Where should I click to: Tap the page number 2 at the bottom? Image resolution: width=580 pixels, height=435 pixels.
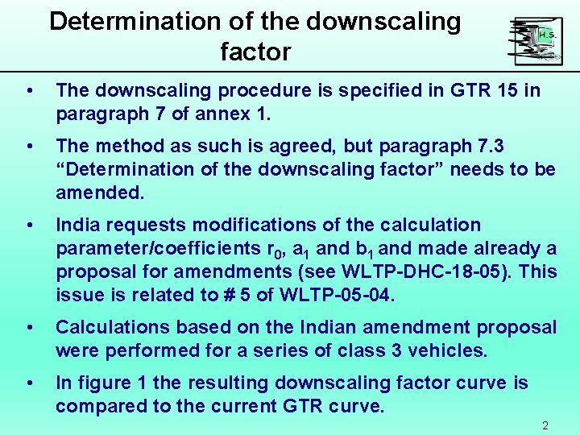click(x=545, y=426)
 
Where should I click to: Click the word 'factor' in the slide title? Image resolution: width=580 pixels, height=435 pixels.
click(x=255, y=52)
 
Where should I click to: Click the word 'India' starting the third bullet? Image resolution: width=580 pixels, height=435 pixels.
click(x=77, y=225)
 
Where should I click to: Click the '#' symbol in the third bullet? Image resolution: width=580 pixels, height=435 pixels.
click(x=230, y=295)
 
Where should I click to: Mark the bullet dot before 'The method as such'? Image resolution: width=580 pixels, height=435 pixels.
click(x=29, y=147)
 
